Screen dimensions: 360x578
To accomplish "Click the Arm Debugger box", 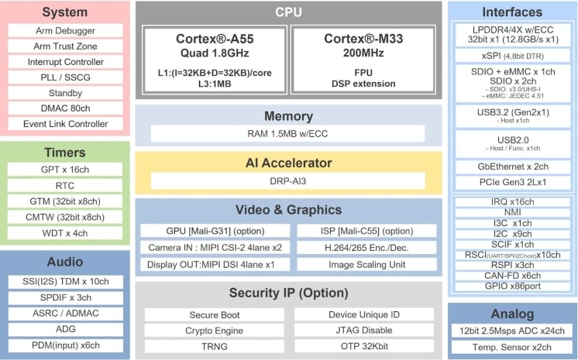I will (65, 30).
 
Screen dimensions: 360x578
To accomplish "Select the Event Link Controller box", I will (65, 123).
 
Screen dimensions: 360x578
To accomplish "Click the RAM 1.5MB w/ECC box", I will (288, 133).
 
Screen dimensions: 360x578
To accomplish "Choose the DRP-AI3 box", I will (288, 180).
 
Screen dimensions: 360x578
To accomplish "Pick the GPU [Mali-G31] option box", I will (215, 231).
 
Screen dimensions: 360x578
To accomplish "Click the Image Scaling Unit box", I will (364, 264).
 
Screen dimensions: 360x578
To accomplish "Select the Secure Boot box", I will (215, 315).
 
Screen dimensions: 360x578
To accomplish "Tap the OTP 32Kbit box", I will (364, 346).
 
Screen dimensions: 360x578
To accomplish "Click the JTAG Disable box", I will (364, 331).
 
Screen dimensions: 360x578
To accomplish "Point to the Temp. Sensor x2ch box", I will (512, 347).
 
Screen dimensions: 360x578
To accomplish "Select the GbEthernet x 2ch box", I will (512, 166).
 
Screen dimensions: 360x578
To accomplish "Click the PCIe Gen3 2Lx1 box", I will (512, 183).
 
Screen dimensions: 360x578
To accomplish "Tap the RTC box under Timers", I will (65, 185).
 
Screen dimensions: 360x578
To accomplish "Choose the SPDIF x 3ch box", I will (65, 297).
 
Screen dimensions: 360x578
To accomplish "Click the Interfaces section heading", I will (512, 12).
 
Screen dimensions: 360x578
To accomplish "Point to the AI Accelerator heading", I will (288, 163).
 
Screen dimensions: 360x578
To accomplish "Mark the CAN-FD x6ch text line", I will (512, 276).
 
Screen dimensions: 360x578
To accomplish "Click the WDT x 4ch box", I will (65, 232).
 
